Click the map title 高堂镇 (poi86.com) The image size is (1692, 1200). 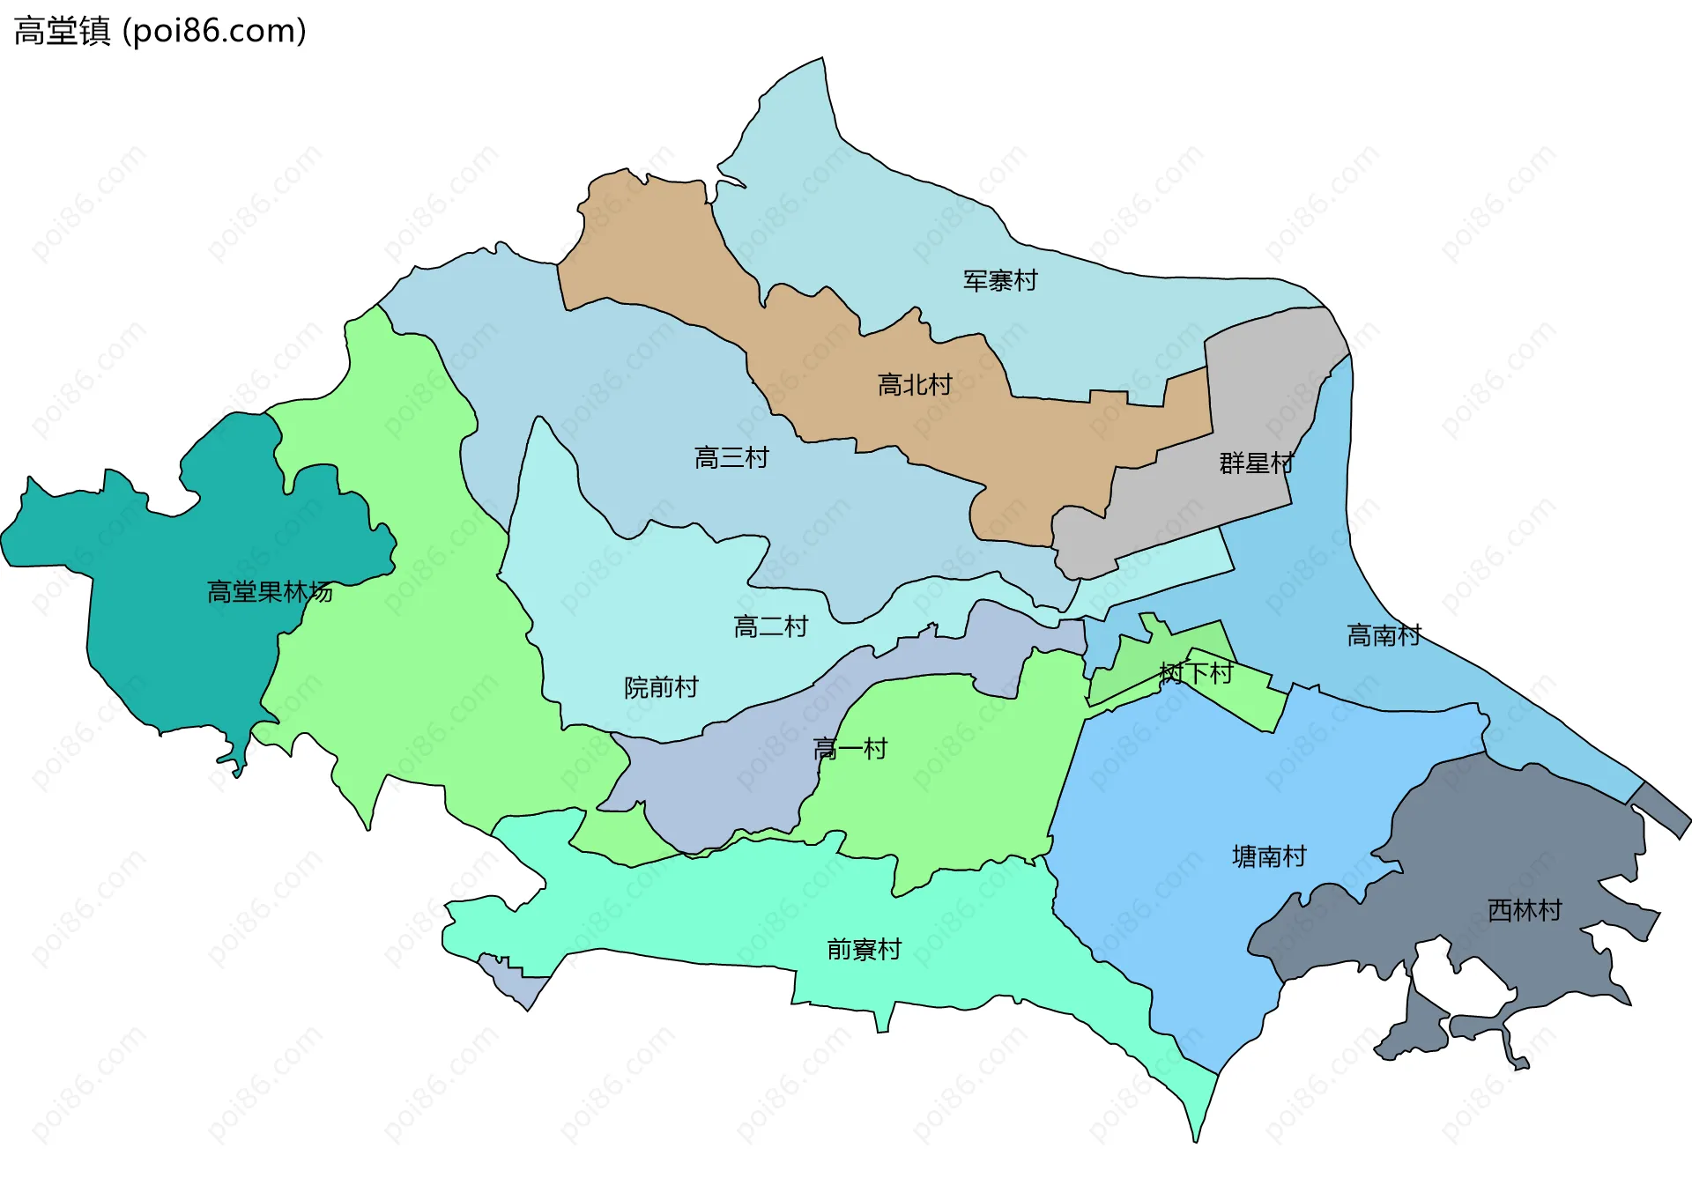(x=160, y=31)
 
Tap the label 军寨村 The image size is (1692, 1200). (x=1000, y=281)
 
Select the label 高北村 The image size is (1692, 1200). (x=915, y=385)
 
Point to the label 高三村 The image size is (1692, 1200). (x=731, y=458)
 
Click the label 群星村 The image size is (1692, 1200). (x=1256, y=463)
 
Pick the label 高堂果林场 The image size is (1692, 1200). (x=270, y=592)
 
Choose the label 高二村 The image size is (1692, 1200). (x=770, y=627)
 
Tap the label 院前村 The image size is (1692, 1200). (x=661, y=687)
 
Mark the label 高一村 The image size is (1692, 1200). (x=850, y=749)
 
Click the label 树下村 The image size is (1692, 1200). (x=1196, y=673)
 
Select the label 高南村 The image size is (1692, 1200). (x=1384, y=635)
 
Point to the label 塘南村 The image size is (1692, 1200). (x=1269, y=856)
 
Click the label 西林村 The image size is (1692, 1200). (x=1525, y=910)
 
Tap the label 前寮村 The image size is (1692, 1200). (x=864, y=949)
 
